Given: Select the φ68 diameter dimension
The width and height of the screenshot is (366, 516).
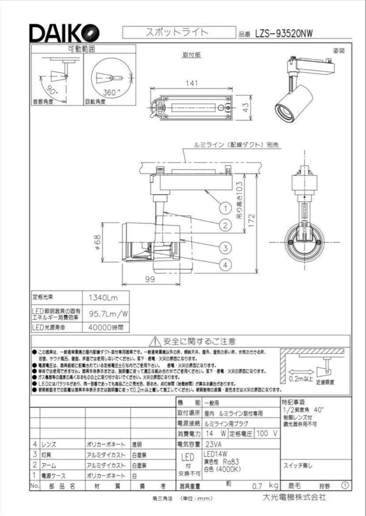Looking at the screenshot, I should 96,242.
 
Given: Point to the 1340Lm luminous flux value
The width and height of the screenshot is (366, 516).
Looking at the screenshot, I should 103,297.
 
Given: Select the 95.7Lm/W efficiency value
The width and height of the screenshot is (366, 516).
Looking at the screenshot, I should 106,313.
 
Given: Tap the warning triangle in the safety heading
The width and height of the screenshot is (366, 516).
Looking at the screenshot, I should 154,341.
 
